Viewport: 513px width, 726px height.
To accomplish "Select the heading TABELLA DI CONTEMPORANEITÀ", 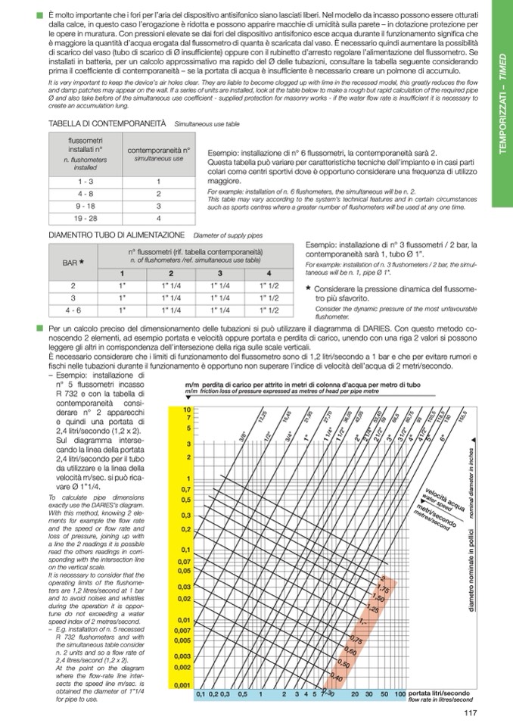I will pos(107,123).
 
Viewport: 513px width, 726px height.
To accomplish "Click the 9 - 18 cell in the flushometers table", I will pos(85,206).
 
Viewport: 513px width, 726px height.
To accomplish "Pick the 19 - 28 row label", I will pos(85,218).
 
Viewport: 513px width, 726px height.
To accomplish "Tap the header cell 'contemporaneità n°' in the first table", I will pos(159,154).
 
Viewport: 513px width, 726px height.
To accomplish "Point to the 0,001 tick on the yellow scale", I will pos(184,684).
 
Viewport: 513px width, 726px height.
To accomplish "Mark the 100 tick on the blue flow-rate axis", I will pos(400,693).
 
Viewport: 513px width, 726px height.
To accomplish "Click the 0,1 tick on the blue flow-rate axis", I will pos(201,693).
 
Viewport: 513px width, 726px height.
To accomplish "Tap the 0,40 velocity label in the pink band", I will pos(338,678).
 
